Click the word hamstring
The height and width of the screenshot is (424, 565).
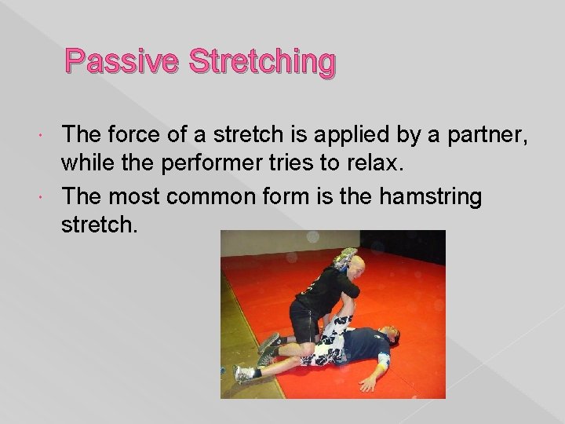(x=430, y=196)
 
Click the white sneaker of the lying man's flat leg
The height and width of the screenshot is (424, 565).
(x=245, y=373)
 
